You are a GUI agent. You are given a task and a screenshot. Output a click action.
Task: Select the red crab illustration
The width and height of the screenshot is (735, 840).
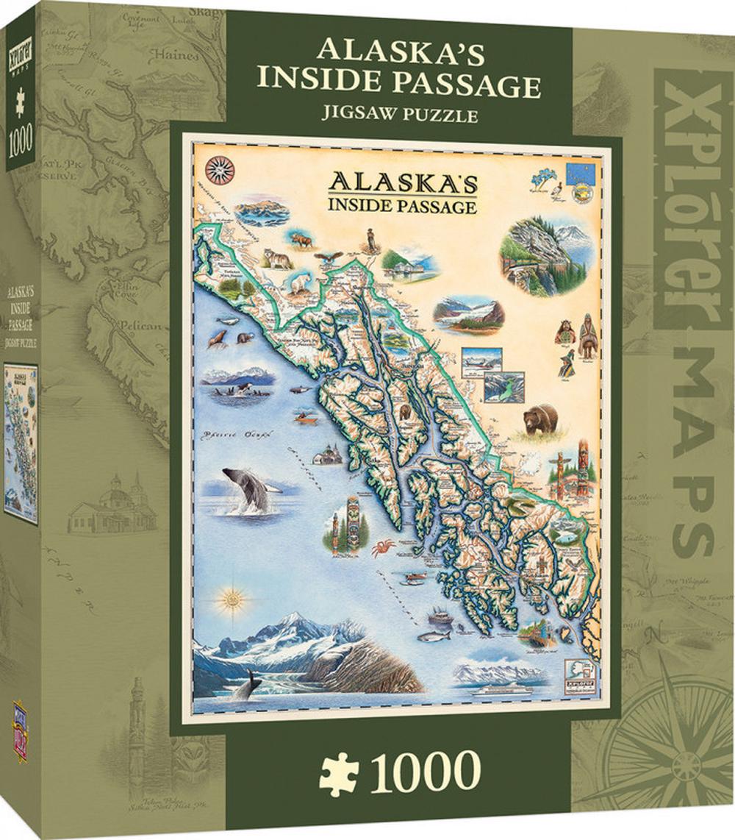(383, 547)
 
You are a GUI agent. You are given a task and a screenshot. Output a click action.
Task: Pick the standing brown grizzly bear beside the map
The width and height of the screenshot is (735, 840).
(541, 419)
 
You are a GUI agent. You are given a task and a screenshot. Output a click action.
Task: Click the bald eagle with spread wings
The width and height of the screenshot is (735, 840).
(329, 257)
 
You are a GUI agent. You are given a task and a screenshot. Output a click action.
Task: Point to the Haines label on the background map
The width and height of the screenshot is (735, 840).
(179, 55)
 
